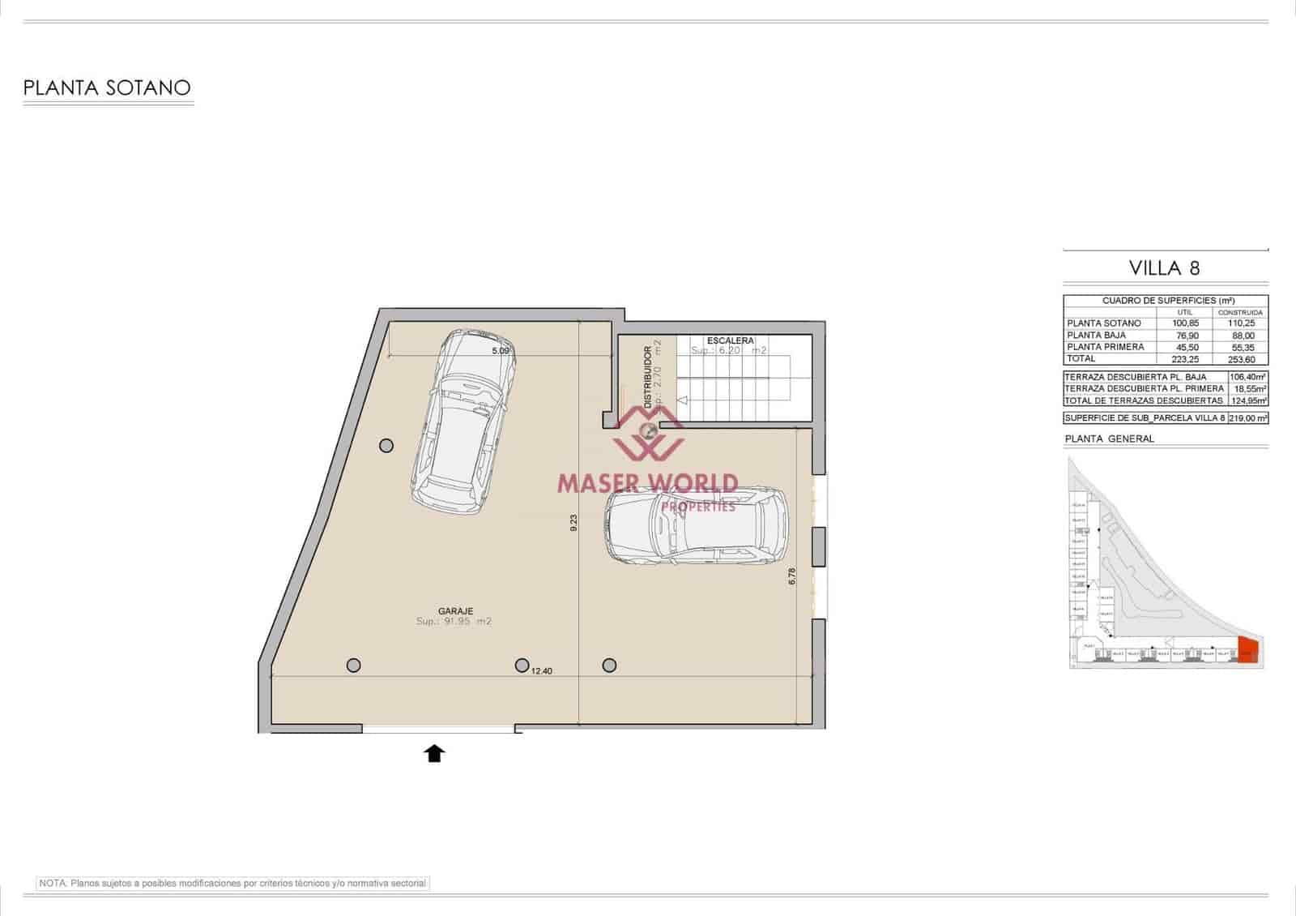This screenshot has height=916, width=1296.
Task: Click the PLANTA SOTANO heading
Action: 107,88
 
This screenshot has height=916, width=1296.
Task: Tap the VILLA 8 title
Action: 1164,268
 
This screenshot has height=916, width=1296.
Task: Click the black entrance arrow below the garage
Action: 435,754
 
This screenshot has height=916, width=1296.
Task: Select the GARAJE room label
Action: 455,611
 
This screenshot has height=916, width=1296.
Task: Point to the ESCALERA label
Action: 730,340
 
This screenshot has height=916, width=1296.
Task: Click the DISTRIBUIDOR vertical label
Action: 648,378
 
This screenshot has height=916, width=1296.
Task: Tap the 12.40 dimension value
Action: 542,671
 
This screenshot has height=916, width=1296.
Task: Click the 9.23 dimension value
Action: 573,523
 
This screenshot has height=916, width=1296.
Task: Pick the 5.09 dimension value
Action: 501,351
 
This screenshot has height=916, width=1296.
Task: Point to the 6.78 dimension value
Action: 792,576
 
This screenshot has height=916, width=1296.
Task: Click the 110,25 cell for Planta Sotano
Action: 1240,323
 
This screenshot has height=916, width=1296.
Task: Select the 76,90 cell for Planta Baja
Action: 1185,335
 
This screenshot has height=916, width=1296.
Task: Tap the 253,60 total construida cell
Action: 1240,358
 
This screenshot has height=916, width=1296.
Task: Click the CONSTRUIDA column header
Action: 1240,312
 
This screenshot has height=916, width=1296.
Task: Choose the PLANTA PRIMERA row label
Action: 1106,347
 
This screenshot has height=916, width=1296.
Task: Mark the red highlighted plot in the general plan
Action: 1248,651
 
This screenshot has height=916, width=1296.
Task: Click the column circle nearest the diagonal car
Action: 386,445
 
